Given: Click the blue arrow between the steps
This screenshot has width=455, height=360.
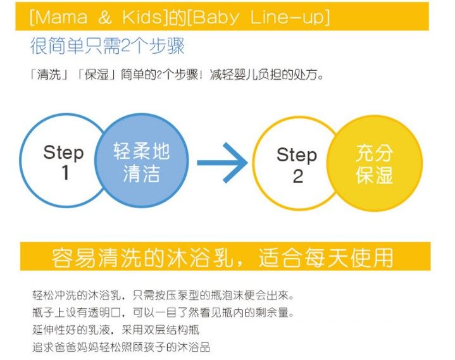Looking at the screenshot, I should pyautogui.click(x=222, y=163).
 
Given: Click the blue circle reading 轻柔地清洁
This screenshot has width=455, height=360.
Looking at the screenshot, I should pyautogui.click(x=141, y=163).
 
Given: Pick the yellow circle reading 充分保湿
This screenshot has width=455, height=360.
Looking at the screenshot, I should pyautogui.click(x=375, y=163).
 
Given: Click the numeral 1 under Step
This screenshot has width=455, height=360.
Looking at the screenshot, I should pyautogui.click(x=64, y=173).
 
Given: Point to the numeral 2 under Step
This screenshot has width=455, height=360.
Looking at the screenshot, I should pyautogui.click(x=297, y=176).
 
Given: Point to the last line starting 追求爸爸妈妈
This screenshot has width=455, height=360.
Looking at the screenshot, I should pyautogui.click(x=121, y=347).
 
